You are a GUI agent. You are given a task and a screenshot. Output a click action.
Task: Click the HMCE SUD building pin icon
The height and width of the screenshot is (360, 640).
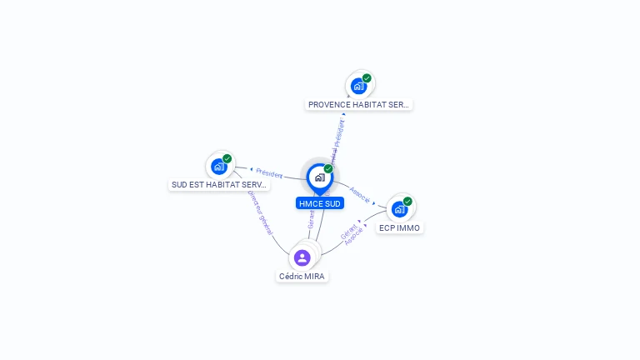point(319,177)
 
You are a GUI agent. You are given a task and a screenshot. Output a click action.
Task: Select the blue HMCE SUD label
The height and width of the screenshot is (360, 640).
point(320,203)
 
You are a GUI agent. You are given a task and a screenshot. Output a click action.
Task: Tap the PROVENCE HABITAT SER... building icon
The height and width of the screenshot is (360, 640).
point(358,86)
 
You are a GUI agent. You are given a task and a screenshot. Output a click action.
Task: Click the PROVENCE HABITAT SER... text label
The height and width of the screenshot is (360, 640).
point(359,105)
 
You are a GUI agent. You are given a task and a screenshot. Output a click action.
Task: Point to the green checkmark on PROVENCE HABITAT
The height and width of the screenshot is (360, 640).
point(367,78)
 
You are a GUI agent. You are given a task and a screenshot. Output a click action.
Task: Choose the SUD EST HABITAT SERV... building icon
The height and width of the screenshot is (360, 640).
point(218,166)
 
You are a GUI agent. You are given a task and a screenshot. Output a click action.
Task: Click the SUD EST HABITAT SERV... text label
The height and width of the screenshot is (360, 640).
point(219,185)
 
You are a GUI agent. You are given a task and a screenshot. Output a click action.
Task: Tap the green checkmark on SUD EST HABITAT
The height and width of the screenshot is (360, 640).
point(227,158)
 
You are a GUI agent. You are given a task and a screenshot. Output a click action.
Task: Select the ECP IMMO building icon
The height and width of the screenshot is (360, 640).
point(399,208)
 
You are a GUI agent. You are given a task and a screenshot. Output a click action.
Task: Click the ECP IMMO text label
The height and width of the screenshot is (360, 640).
point(400,227)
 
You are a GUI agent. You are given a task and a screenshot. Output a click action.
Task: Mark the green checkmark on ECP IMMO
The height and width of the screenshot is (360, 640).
point(407,201)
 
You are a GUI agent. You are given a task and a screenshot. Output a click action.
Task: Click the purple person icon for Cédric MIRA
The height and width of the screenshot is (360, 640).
point(302,257)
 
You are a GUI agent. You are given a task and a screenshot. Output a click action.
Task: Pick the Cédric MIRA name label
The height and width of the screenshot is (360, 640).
point(302,277)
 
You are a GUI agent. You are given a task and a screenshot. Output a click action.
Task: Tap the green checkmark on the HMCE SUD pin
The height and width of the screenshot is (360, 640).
point(328,169)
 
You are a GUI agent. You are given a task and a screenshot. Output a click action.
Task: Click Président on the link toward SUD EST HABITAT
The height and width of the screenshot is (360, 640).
point(269,173)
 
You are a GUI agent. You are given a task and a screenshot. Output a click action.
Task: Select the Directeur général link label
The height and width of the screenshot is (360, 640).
point(259,212)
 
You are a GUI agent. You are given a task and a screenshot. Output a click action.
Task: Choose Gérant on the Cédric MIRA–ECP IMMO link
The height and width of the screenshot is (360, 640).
point(348,231)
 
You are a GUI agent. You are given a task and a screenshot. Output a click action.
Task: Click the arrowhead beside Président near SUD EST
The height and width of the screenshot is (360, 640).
point(252,169)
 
